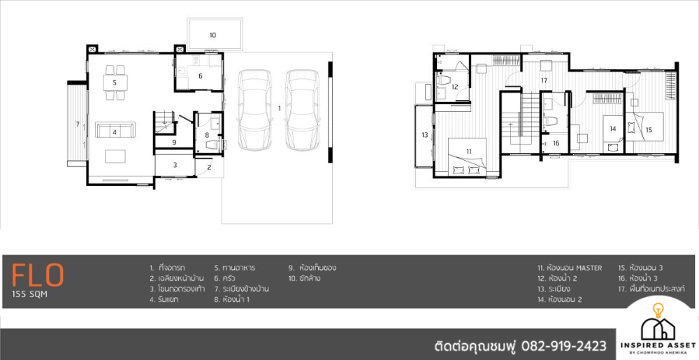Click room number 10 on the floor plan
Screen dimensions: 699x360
(x=212, y=35)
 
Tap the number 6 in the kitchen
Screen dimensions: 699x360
(x=201, y=76)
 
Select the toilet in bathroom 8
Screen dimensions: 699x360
(x=215, y=145)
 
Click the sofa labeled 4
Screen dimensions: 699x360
(x=115, y=130)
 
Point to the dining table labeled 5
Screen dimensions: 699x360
(x=115, y=82)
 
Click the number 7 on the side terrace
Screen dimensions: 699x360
(x=78, y=124)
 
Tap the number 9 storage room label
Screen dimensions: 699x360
(x=174, y=142)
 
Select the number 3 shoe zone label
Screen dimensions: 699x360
(x=175, y=165)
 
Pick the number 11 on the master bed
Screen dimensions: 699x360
(x=469, y=152)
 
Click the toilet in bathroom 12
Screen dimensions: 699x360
(x=445, y=80)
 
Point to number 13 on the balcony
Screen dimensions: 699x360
(x=425, y=135)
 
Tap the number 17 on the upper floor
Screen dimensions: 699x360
(x=544, y=80)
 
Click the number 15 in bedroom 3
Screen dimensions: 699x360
(x=649, y=129)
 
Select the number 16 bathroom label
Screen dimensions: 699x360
(x=556, y=143)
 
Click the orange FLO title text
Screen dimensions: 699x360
(x=38, y=275)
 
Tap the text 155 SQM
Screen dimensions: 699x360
(x=29, y=294)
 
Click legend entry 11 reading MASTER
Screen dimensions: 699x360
(x=569, y=268)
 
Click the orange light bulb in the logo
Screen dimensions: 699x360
(x=658, y=310)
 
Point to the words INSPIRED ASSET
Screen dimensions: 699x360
(x=658, y=345)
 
